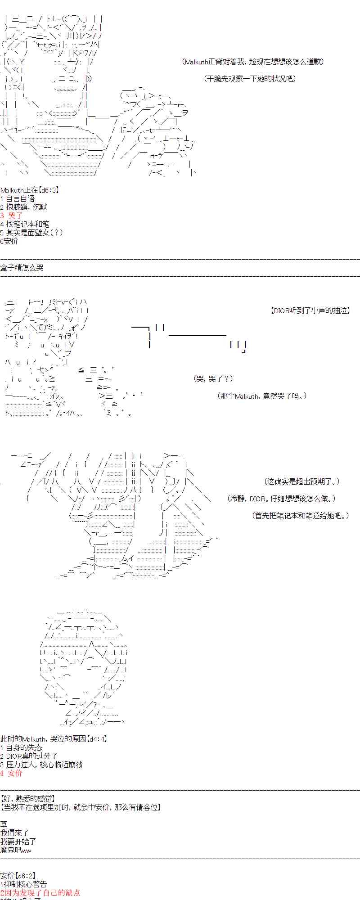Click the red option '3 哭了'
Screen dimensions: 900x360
pyautogui.click(x=12, y=216)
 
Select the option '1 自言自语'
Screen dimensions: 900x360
pyautogui.click(x=18, y=198)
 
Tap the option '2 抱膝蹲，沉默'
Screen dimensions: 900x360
pyautogui.click(x=23, y=207)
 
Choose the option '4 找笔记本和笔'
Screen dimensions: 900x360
pyautogui.click(x=25, y=224)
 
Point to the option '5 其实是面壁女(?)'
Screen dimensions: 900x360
pyautogui.click(x=31, y=233)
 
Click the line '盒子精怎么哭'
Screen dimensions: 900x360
pyautogui.click(x=22, y=268)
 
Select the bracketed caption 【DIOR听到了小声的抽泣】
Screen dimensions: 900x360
pyautogui.click(x=310, y=310)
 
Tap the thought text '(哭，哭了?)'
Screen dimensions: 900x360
pyautogui.click(x=213, y=379)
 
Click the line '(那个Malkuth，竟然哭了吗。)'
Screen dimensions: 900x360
pyautogui.click(x=262, y=396)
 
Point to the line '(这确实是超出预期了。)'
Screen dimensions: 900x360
pyautogui.click(x=301, y=481)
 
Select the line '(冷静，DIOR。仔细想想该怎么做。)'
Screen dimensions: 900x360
pyautogui.click(x=282, y=499)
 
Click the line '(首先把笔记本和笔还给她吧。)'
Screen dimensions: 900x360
pyautogui.click(x=300, y=516)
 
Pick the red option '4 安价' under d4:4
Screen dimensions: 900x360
pyautogui.click(x=12, y=773)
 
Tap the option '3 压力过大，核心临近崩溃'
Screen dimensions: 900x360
pyautogui.click(x=41, y=765)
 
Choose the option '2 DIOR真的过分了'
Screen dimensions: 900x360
pyautogui.click(x=29, y=756)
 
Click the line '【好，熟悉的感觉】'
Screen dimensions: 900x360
pyautogui.click(x=28, y=799)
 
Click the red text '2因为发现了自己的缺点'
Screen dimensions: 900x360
pyautogui.click(x=40, y=893)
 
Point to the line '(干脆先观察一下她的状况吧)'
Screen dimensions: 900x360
pyautogui.click(x=251, y=79)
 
